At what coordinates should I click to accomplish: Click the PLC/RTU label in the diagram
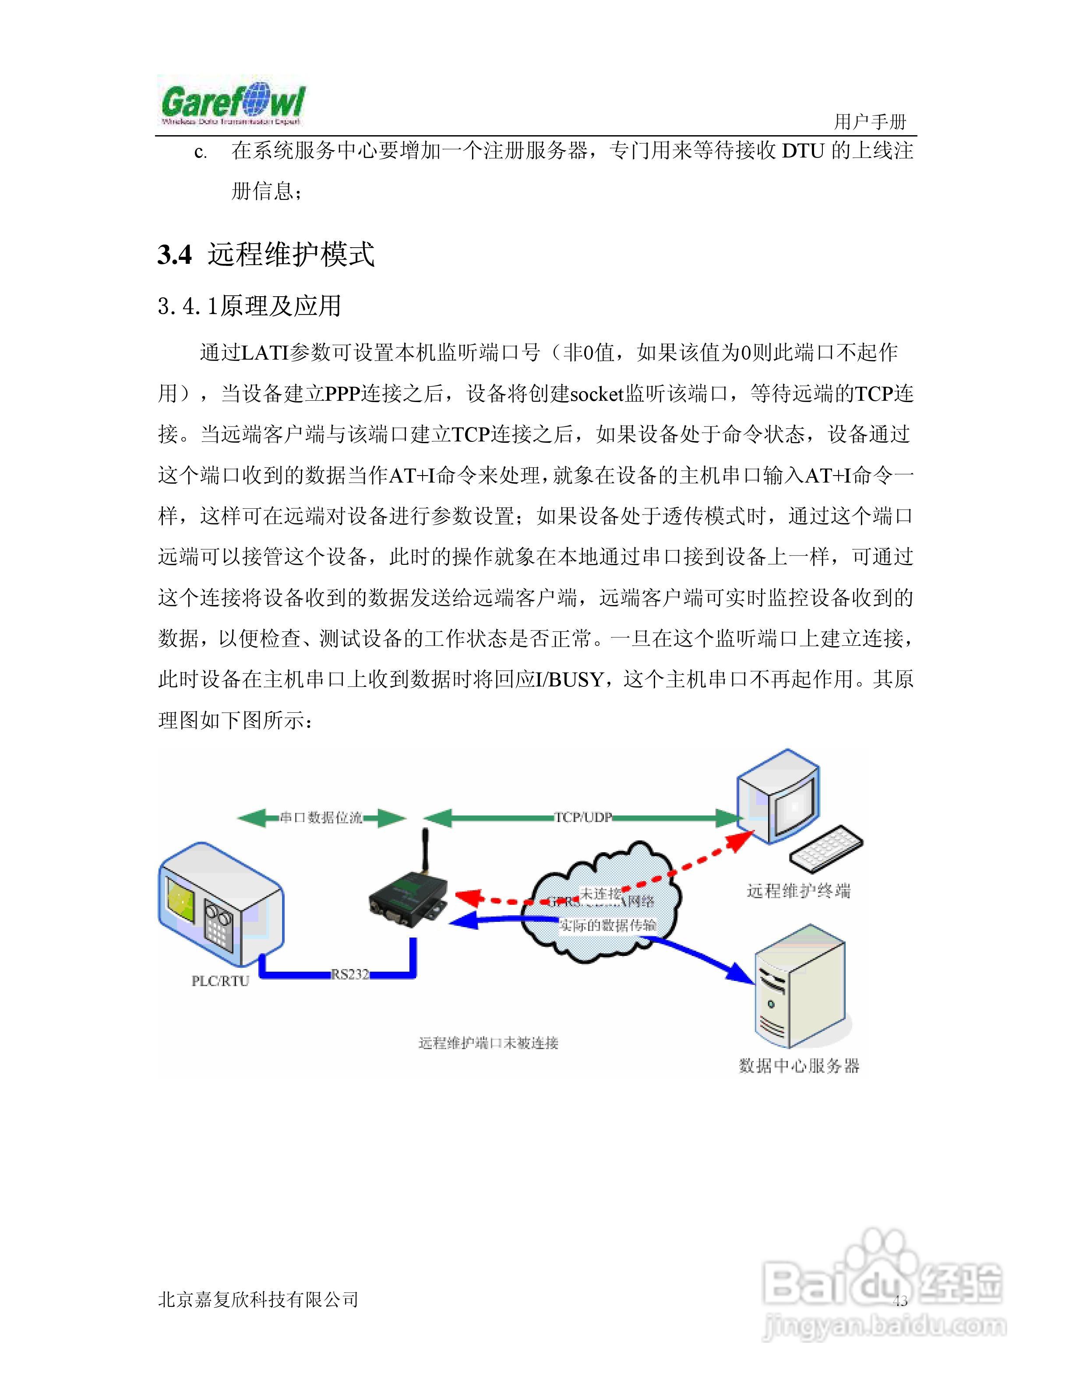tap(220, 980)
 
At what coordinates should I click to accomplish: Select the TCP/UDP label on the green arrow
tap(583, 817)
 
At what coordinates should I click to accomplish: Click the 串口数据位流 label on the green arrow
tap(321, 817)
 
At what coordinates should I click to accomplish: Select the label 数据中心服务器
tap(799, 1065)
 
